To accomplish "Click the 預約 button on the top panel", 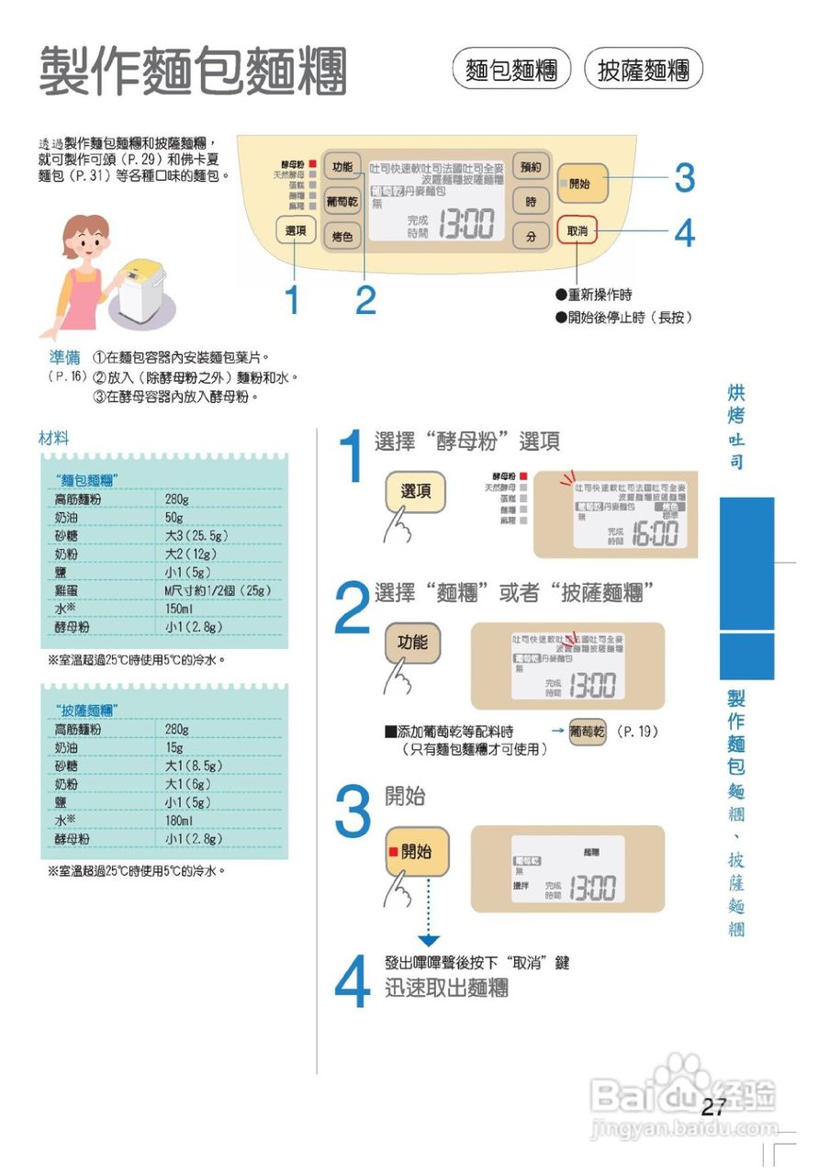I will tap(531, 167).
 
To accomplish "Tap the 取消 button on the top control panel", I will tap(577, 230).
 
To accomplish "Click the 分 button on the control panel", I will tap(531, 236).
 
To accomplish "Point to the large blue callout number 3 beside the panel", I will tap(684, 179).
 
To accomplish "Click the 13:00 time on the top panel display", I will tap(466, 224).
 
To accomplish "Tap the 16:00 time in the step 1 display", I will tap(653, 533).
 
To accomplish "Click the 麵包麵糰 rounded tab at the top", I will tap(511, 70).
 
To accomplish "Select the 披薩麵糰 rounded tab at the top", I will tap(643, 70).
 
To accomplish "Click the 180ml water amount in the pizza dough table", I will tap(179, 820).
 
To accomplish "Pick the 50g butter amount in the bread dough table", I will tap(174, 517).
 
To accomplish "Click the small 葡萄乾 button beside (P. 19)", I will tap(588, 732).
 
